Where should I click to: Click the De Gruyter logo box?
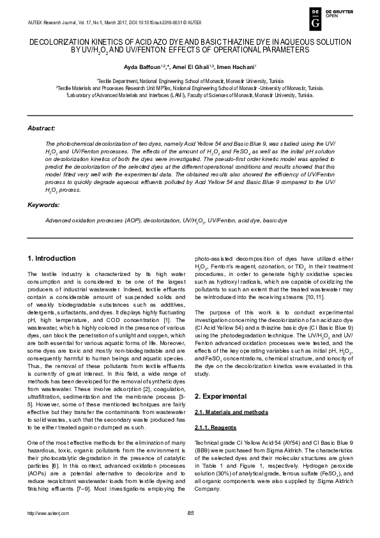(315, 19)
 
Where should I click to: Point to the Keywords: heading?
(43, 204)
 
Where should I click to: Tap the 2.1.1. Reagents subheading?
(215, 408)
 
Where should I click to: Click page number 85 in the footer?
(190, 514)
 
